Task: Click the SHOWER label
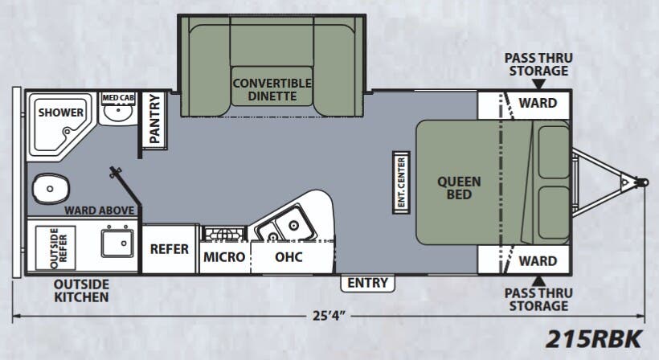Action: click(x=61, y=112)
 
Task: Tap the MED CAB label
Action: click(x=118, y=98)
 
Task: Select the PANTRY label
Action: click(x=155, y=120)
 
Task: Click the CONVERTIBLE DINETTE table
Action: click(x=272, y=89)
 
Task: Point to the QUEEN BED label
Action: click(x=459, y=187)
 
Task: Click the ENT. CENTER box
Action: click(x=401, y=182)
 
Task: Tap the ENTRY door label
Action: click(x=368, y=283)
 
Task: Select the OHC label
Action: click(x=289, y=257)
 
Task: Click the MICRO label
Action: click(x=223, y=257)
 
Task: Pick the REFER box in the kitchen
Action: click(x=170, y=248)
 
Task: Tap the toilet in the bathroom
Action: click(x=51, y=190)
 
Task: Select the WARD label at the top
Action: click(x=538, y=103)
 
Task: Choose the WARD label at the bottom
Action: click(x=538, y=260)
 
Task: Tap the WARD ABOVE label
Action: click(x=100, y=211)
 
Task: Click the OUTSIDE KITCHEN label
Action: click(x=81, y=291)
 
